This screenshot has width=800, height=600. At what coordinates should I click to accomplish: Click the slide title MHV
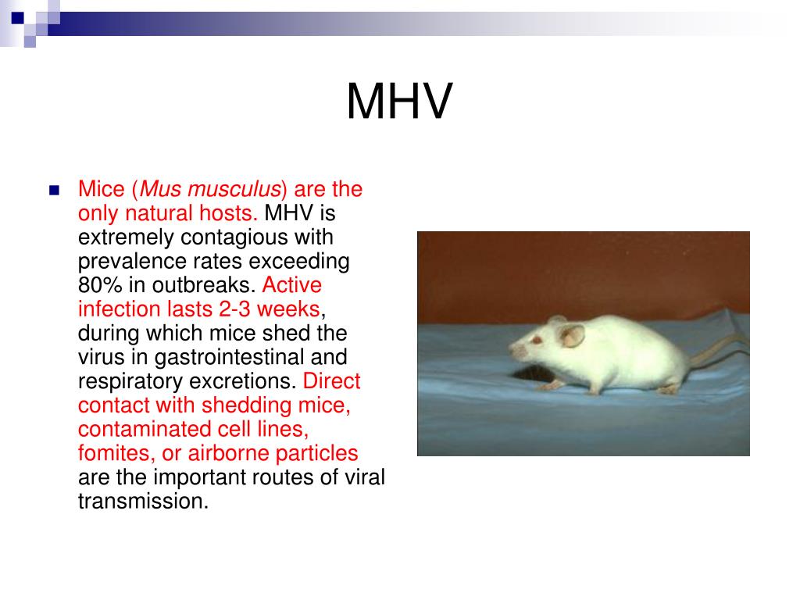click(x=399, y=102)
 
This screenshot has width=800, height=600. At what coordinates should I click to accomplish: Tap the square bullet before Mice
click(x=54, y=190)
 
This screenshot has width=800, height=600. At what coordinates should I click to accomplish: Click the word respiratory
click(x=125, y=381)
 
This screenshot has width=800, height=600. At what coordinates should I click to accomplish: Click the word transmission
click(x=143, y=500)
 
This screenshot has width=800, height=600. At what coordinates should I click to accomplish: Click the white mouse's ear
click(x=573, y=336)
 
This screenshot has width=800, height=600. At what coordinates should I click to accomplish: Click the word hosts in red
click(x=229, y=212)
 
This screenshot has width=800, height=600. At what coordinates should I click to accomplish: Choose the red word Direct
click(x=331, y=381)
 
